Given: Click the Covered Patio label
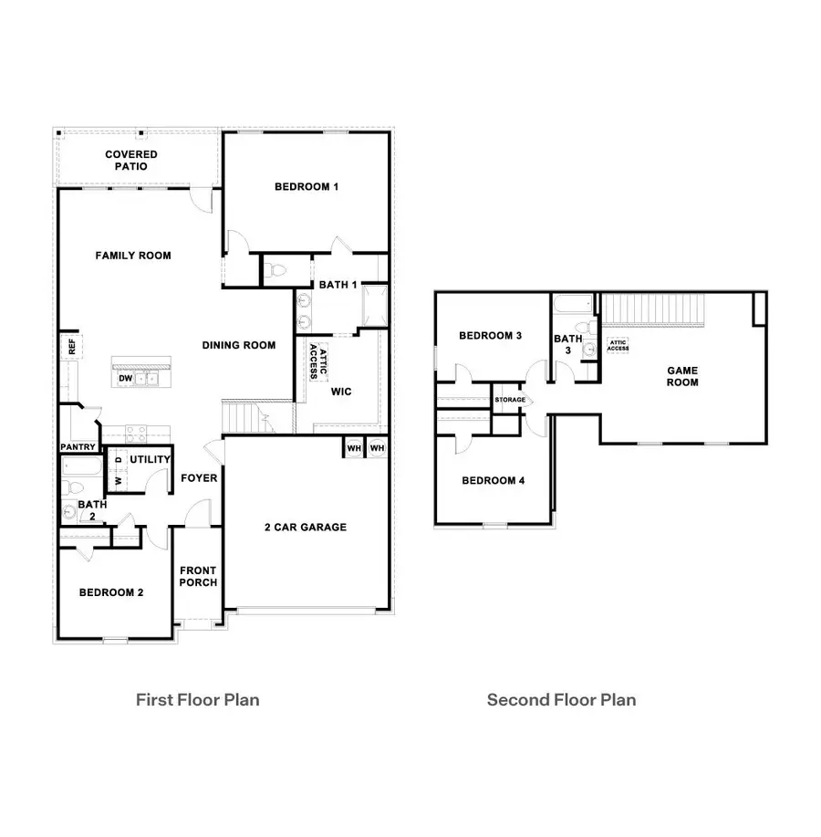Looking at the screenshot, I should [x=130, y=161].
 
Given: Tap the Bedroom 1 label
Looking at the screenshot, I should [x=307, y=187].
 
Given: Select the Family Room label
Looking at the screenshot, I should [x=133, y=256].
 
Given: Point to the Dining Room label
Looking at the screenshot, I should [x=239, y=345].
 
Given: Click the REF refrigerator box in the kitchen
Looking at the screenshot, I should [x=69, y=347].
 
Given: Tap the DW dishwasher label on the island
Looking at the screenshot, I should [x=125, y=378].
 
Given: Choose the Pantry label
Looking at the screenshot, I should [x=78, y=447].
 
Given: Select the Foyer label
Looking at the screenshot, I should [x=198, y=478].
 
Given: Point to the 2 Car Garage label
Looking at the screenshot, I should [x=306, y=527].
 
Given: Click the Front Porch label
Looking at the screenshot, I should [x=198, y=577].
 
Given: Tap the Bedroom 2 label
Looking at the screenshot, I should [x=111, y=592].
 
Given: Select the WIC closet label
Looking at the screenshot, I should [x=341, y=391].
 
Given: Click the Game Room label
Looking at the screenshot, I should [x=681, y=376].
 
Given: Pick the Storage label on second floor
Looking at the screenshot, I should [x=510, y=400].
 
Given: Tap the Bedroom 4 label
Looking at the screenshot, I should [x=493, y=481].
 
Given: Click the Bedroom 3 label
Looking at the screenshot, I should [x=490, y=336].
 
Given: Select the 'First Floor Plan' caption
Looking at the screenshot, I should [x=198, y=700].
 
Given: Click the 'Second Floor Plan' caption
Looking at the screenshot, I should [x=561, y=700].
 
